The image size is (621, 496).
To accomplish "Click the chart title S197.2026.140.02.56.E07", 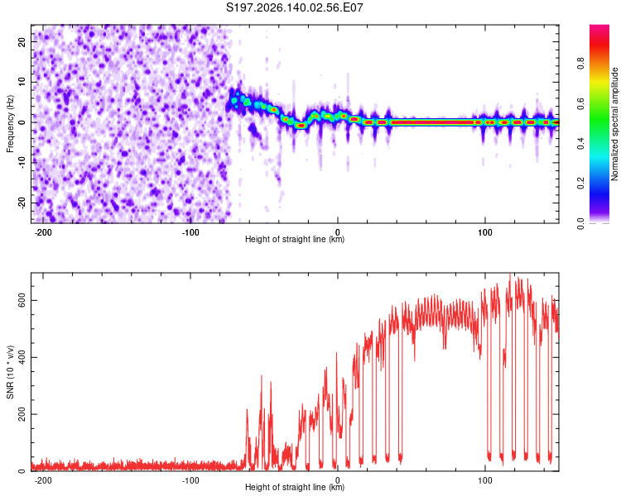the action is pos(294,7).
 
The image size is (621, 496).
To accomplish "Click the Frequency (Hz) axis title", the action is pos(10,124).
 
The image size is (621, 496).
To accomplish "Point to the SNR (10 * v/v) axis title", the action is pos(10,372).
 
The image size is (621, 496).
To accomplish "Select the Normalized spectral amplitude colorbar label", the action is pos(614,124).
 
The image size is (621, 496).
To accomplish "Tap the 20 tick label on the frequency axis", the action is pos(22,41).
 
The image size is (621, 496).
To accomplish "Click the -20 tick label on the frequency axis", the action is pos(22,203).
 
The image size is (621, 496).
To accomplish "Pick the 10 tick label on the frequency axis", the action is pos(22,82).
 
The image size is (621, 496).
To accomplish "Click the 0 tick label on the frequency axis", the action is pos(22,122).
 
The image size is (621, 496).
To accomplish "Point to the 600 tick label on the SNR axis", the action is pos(22,301).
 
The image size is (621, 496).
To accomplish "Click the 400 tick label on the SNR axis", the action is pos(22,357).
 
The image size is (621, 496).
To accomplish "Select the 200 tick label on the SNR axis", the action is pos(22,414).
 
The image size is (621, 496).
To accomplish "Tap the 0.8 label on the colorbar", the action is pos(580,64).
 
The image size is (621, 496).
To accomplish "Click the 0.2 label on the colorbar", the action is pos(580,184).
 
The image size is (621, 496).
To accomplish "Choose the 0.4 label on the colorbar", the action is pos(580,143).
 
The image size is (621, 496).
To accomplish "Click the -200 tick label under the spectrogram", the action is pos(43,232).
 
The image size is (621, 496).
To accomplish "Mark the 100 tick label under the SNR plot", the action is pos(484,480).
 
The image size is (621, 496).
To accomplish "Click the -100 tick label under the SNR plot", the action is pos(190,480).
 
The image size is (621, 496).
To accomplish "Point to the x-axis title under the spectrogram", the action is pos(295,239).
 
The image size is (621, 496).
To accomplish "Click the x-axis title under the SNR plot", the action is pos(295,487).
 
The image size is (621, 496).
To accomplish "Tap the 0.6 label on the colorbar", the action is pos(580,103).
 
